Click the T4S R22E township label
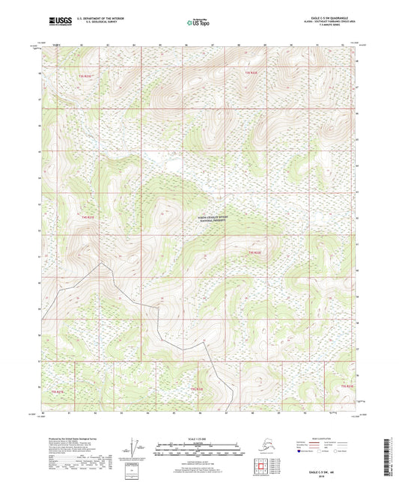[255, 252]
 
